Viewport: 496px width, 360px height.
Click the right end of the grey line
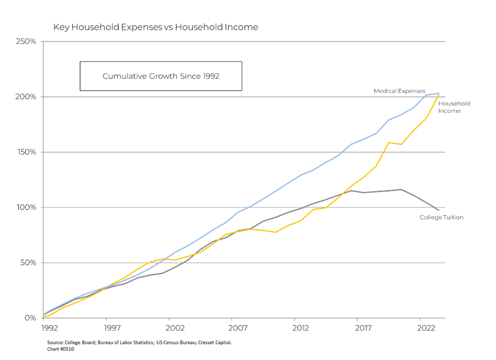[x=439, y=210]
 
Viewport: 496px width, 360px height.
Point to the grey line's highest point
[x=401, y=189]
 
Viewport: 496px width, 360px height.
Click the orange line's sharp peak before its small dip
[x=388, y=142]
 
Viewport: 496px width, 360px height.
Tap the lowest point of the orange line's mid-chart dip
[x=275, y=232]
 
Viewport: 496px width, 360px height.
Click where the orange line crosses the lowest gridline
[x=156, y=263]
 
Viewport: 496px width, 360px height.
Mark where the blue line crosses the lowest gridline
[x=160, y=263]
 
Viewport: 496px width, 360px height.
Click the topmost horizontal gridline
[x=243, y=41]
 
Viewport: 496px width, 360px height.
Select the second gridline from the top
[x=243, y=97]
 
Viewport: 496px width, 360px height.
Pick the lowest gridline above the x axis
[x=243, y=263]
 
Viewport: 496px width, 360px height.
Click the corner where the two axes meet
[x=43, y=318]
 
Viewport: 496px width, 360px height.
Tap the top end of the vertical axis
[x=43, y=41]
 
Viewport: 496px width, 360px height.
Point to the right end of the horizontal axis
[x=446, y=318]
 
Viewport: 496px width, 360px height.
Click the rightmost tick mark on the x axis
[x=420, y=319]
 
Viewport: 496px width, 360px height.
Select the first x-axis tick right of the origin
[x=106, y=319]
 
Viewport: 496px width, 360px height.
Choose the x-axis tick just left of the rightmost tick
[x=358, y=319]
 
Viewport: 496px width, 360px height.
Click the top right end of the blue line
[x=439, y=93]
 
